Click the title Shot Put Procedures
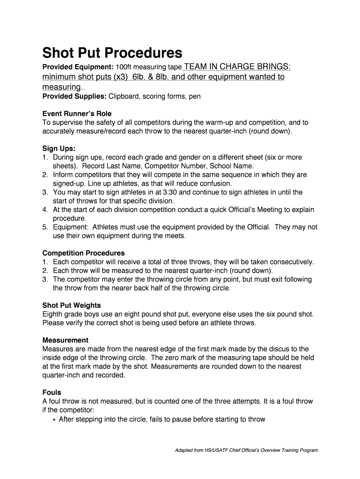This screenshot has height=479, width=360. click(x=112, y=52)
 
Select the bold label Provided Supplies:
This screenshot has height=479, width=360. click(x=75, y=96)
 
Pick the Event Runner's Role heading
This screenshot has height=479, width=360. click(x=77, y=114)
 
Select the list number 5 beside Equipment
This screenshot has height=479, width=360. click(x=45, y=227)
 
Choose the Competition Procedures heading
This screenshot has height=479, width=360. click(x=84, y=253)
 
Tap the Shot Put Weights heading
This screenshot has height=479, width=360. click(x=72, y=305)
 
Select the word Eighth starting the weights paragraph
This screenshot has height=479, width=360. click(x=53, y=314)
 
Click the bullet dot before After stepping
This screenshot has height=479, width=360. click(x=54, y=420)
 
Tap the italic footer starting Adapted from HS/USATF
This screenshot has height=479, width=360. click(x=246, y=450)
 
